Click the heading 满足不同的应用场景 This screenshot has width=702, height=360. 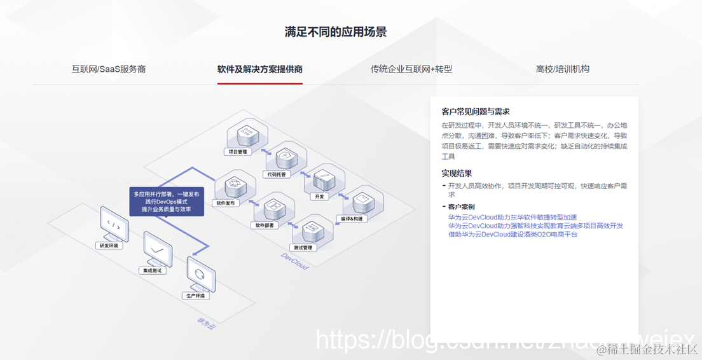(x=335, y=32)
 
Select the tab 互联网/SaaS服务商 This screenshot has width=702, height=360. (x=109, y=69)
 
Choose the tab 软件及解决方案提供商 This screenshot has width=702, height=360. (x=259, y=69)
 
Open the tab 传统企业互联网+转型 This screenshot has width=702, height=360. (x=411, y=69)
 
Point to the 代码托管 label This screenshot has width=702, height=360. (x=275, y=174)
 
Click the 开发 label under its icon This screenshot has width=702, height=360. (x=319, y=197)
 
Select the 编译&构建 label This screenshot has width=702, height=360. (x=352, y=218)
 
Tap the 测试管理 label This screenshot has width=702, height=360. (x=303, y=247)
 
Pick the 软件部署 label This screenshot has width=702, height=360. (x=265, y=225)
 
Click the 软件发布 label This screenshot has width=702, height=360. (x=226, y=204)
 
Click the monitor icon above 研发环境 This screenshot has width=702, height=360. (x=114, y=224)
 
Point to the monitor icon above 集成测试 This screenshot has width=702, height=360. (x=157, y=248)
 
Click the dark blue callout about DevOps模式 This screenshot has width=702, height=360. (x=166, y=201)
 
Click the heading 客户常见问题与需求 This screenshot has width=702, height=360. (x=476, y=111)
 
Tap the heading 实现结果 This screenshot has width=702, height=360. (x=457, y=173)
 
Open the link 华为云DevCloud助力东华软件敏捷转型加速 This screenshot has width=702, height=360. (x=513, y=218)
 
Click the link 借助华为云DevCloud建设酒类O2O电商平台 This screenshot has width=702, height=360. (x=513, y=234)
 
